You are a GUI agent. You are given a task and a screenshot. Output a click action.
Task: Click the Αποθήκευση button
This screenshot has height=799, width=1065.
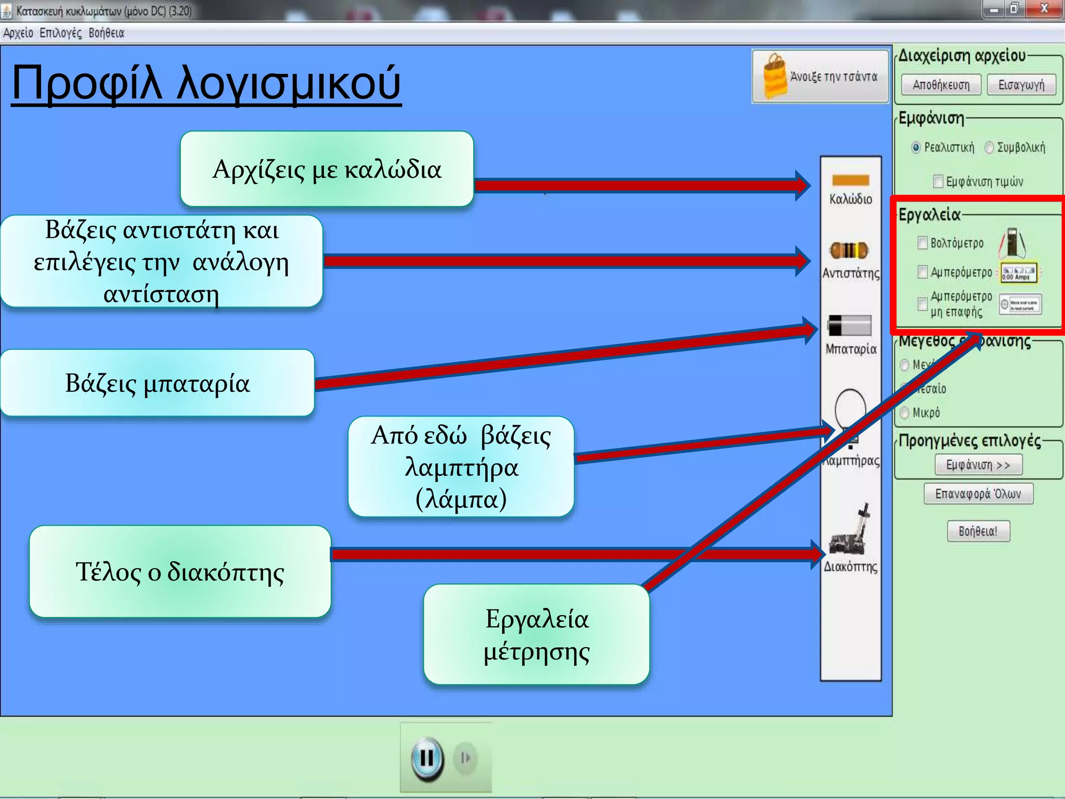(x=941, y=85)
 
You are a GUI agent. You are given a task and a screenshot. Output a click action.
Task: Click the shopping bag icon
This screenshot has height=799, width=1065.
(x=774, y=76)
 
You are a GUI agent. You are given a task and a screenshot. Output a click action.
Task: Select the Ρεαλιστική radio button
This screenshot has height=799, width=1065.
(x=916, y=148)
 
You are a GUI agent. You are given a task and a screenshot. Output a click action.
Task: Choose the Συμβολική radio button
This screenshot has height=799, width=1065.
(x=989, y=148)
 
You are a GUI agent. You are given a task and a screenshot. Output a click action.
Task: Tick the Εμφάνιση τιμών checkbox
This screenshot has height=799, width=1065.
(x=938, y=182)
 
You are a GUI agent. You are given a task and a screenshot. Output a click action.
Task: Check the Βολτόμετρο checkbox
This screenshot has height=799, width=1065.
(x=923, y=243)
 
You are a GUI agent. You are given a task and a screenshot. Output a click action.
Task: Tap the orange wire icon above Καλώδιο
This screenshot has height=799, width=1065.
(x=850, y=181)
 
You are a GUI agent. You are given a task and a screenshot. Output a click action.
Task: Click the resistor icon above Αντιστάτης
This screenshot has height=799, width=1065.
(x=849, y=251)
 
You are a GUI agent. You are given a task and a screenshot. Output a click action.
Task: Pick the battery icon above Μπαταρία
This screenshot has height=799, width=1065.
(x=849, y=326)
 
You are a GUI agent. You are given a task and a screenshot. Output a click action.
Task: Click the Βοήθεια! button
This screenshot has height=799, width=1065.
(x=978, y=531)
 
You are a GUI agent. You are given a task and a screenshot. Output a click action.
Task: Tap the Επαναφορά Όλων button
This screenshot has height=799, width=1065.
(x=978, y=494)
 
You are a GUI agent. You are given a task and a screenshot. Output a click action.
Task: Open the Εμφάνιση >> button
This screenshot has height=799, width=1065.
(x=978, y=465)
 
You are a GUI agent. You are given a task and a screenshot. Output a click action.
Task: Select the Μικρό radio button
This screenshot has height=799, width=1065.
(x=905, y=413)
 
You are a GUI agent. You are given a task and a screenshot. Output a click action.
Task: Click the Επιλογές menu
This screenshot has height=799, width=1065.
(x=60, y=33)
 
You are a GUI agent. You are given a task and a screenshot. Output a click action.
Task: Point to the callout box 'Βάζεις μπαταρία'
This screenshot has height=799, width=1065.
(x=158, y=383)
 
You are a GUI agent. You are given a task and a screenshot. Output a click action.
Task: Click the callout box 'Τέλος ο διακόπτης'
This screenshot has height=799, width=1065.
(x=180, y=571)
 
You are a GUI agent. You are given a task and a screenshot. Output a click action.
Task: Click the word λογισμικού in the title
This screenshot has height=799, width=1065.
(x=289, y=83)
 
